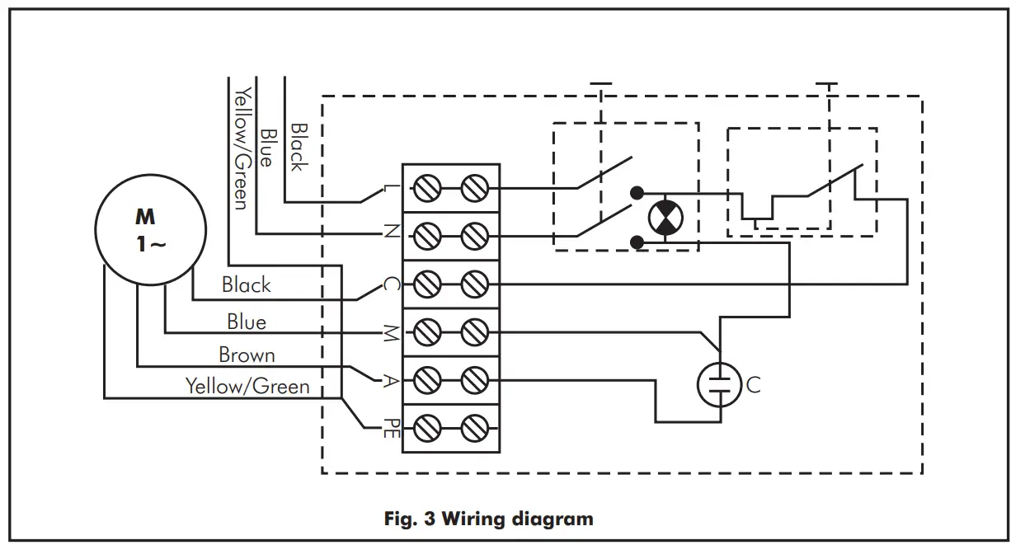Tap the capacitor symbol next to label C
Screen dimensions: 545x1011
click(720, 383)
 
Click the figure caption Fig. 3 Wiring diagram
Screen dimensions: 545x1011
click(488, 519)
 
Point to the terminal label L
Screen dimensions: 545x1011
click(391, 190)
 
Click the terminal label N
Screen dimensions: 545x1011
click(390, 234)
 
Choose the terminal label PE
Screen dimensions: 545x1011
click(391, 428)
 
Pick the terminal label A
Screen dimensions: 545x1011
click(390, 380)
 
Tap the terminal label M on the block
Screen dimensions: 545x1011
click(390, 332)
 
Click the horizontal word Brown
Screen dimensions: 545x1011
click(247, 355)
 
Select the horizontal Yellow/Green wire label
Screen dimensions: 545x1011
click(247, 386)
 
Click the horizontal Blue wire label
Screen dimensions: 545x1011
click(247, 321)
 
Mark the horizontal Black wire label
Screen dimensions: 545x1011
click(246, 285)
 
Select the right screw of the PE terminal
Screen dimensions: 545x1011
click(473, 428)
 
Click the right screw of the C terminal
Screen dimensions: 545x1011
click(473, 284)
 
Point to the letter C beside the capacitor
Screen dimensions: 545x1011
click(753, 384)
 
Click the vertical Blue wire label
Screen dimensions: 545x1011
click(266, 147)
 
